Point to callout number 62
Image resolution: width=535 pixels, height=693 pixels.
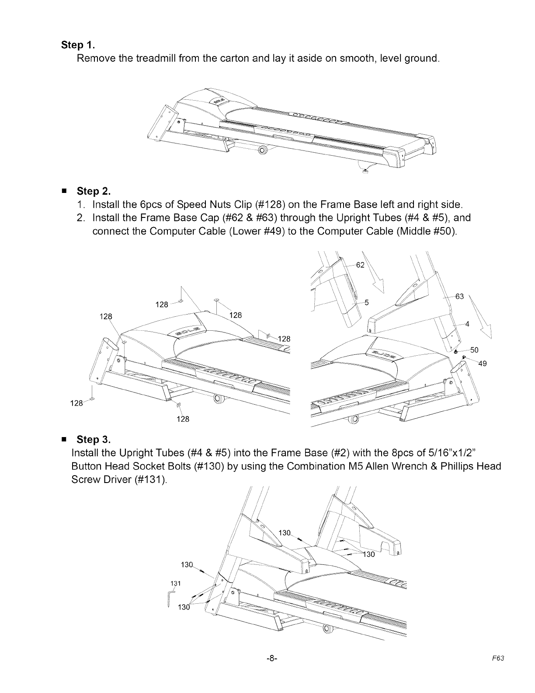coord(361,265)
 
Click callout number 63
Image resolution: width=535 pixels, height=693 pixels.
coord(459,297)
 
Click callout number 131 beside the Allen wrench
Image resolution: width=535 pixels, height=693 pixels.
coord(176,583)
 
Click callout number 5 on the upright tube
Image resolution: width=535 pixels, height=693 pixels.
coord(367,302)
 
